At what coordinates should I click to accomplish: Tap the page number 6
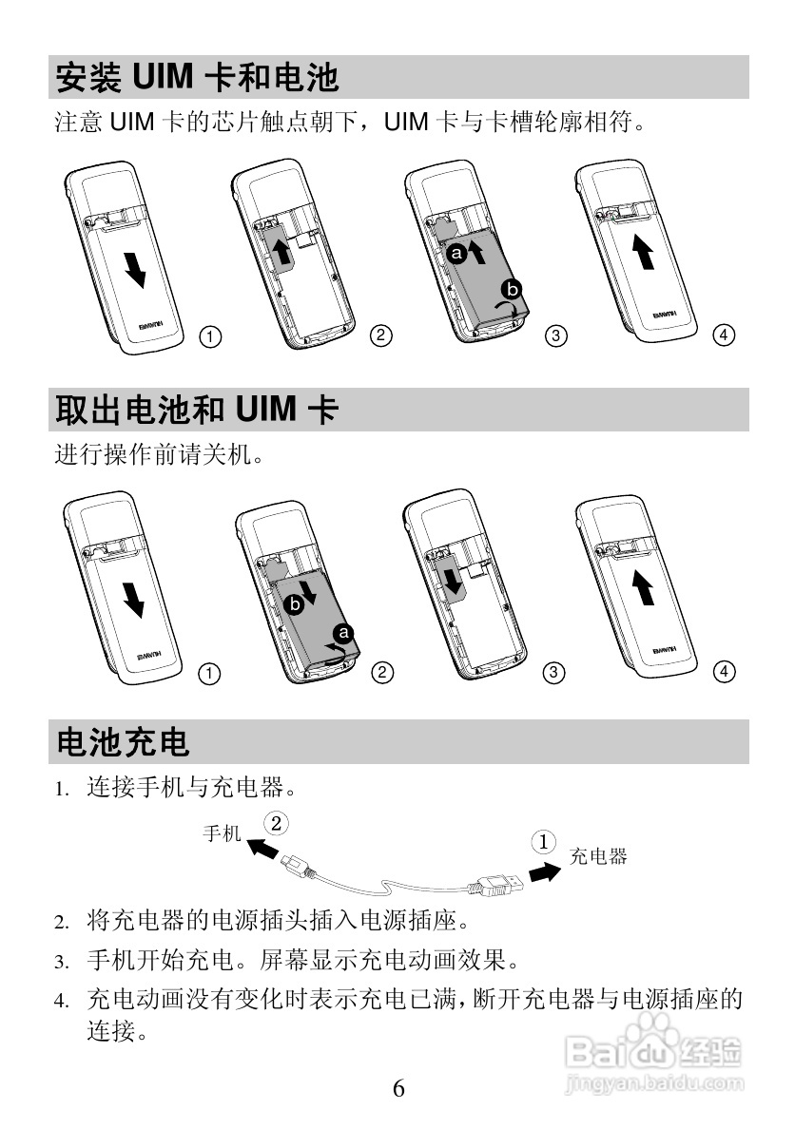point(398,1088)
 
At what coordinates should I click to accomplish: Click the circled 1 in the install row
point(209,335)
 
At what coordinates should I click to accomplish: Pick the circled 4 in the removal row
point(724,672)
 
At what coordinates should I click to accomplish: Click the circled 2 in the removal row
point(382,673)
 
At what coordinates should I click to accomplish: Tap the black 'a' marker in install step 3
point(456,255)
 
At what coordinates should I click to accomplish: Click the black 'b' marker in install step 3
point(513,288)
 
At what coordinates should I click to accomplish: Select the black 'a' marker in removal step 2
point(344,632)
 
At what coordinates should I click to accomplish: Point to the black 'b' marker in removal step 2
point(295,603)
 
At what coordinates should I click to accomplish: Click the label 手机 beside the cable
point(223,833)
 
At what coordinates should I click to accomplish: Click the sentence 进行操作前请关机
point(157,455)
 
